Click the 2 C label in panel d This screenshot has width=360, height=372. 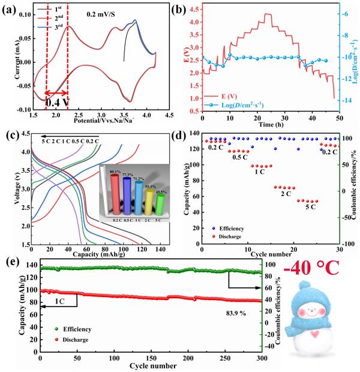point(280,194)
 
